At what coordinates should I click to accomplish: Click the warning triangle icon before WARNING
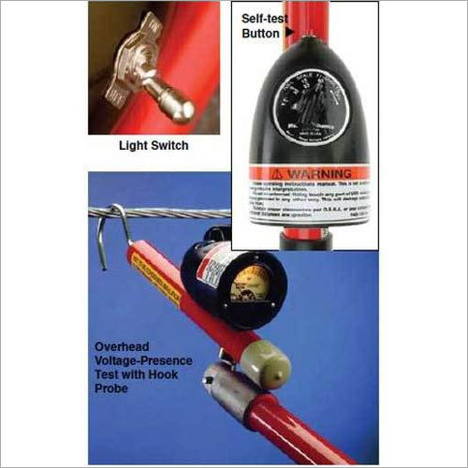coord(278,174)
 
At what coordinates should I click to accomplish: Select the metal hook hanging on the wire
coord(113,230)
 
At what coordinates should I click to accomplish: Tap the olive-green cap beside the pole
coord(263,369)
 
